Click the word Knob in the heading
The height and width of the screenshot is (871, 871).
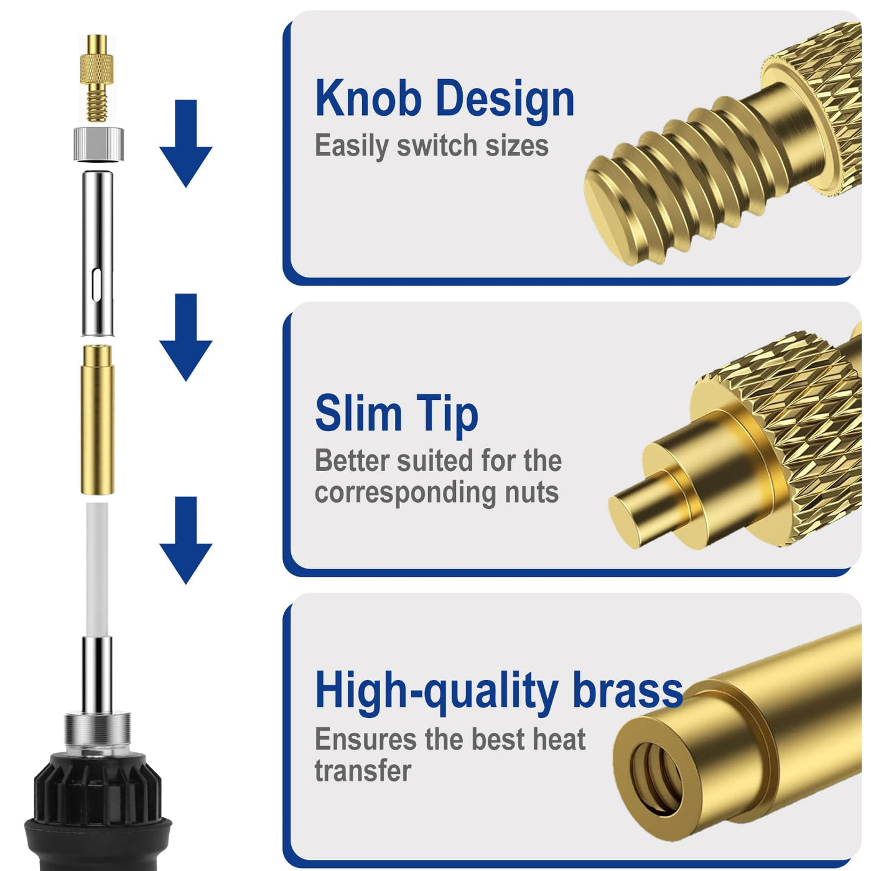point(368,98)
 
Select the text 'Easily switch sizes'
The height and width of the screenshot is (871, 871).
point(432,146)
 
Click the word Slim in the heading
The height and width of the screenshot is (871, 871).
point(358,412)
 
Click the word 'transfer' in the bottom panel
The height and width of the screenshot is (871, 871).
point(363,770)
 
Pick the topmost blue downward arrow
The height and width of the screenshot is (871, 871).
point(186,143)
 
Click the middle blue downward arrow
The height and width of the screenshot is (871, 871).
point(186,337)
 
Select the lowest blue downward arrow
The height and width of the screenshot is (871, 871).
point(186,541)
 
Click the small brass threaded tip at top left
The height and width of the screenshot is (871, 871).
point(97,78)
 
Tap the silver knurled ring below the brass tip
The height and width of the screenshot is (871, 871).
point(98,144)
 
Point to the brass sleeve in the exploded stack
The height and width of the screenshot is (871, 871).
point(97,419)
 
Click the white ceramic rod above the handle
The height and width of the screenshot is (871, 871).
point(97,569)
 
